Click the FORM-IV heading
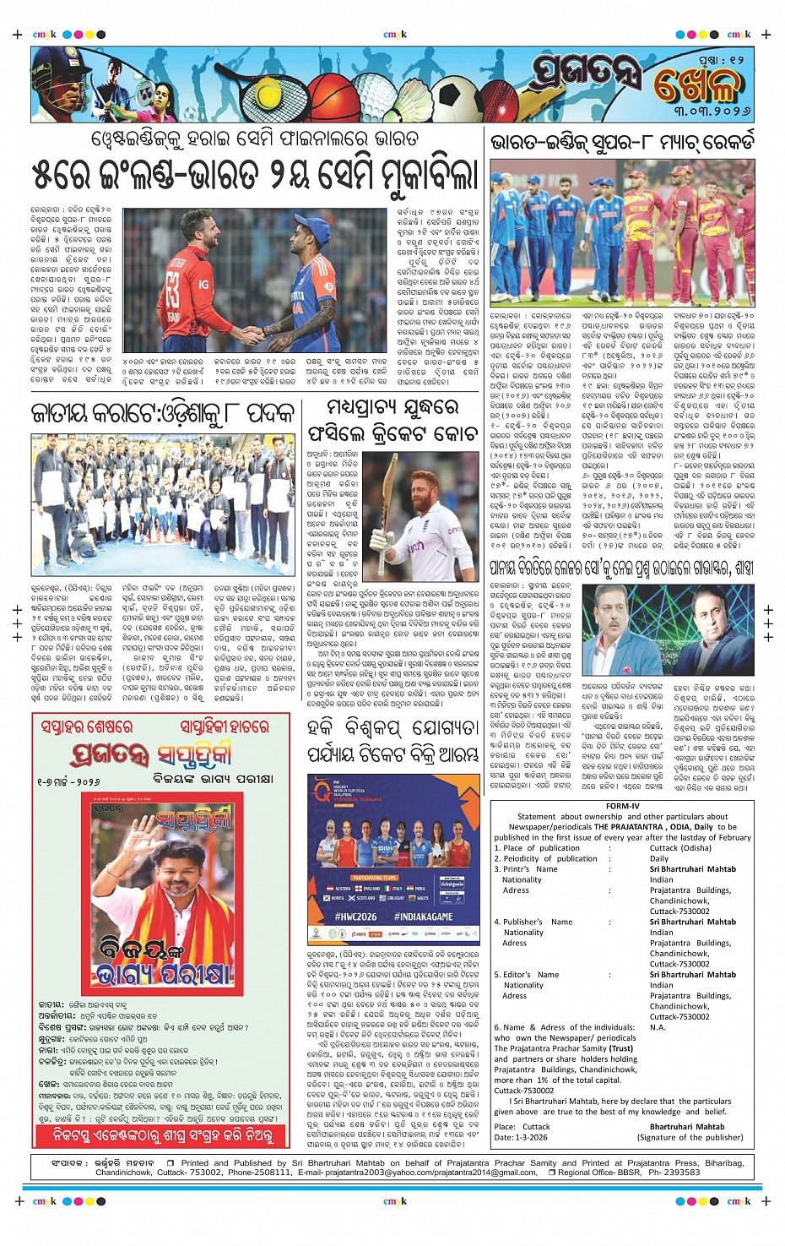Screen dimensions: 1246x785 (x=623, y=806)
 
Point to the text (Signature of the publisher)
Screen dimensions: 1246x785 (x=685, y=1137)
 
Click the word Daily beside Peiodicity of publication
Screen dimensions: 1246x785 (x=659, y=858)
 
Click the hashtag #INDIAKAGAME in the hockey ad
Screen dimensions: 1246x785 (x=423, y=916)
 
